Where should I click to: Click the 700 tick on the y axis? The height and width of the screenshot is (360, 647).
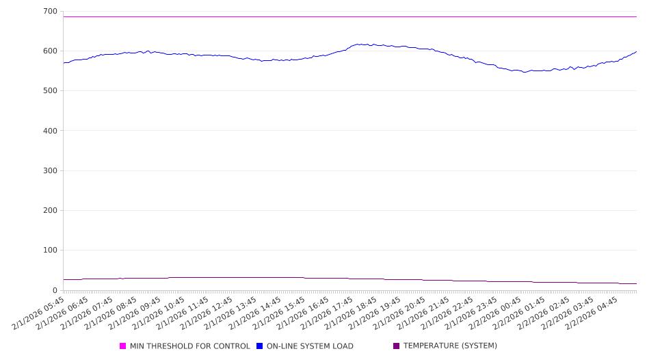pos(49,12)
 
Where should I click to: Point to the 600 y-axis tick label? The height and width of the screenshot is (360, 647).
pos(49,51)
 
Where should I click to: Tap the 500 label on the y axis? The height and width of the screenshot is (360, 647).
pos(49,91)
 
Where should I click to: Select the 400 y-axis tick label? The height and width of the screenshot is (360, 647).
pos(49,131)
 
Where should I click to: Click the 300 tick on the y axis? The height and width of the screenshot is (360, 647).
pos(49,170)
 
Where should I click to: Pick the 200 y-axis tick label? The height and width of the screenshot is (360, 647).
pos(49,211)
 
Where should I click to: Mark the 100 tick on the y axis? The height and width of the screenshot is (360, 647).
pos(49,250)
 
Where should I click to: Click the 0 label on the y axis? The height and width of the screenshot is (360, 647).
pos(54,290)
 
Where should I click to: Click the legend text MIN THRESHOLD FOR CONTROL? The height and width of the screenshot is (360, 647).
pos(189,346)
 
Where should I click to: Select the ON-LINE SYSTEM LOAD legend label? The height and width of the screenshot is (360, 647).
pos(310,346)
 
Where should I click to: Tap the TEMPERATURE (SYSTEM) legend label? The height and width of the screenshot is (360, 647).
pos(450,346)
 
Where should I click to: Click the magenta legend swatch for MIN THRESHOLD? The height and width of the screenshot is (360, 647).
pos(123,346)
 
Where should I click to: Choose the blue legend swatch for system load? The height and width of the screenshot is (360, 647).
pos(260,346)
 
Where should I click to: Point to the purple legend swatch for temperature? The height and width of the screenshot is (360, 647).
pos(397,346)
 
